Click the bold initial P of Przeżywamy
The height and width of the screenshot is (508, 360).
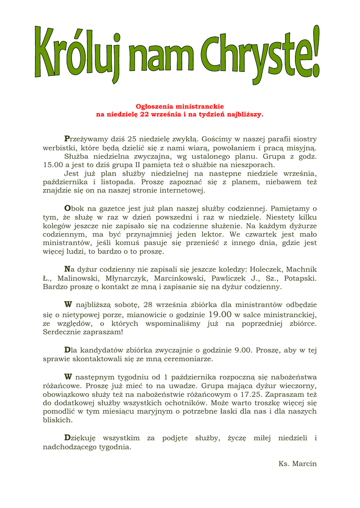click(x=67, y=139)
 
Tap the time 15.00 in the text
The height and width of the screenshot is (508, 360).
click(x=53, y=165)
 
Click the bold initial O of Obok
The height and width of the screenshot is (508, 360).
click(x=68, y=208)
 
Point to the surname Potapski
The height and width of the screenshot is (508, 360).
click(x=300, y=278)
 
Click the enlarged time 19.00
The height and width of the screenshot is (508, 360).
click(x=219, y=314)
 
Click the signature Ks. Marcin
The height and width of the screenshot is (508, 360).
click(x=297, y=464)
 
